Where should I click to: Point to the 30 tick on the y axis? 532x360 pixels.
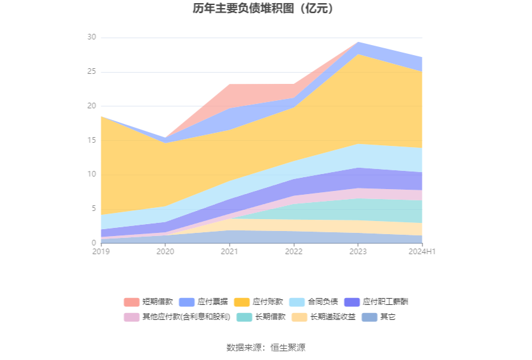point(92,38)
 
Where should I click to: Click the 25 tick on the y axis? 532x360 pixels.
point(92,72)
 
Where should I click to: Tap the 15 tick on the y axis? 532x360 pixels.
point(92,140)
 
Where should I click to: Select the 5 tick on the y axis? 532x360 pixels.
point(94,208)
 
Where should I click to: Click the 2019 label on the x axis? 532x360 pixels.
point(101,252)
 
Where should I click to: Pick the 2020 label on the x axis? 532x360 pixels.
point(165,252)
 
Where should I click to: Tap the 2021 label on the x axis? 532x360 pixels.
point(230,252)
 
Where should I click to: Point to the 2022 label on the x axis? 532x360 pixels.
point(294,252)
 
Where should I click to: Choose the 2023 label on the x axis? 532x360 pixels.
point(358,252)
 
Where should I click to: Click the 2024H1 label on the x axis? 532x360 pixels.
point(422,252)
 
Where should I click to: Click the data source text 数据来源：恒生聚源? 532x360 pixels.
point(265,347)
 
